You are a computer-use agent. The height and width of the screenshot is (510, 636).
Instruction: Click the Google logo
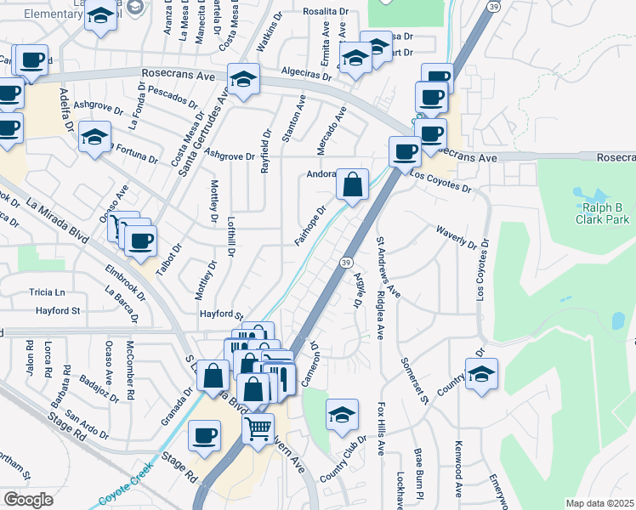tap(28, 500)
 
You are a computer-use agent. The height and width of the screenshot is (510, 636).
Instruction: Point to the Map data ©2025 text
tap(599, 503)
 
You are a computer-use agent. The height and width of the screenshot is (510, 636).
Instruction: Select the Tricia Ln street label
tap(47, 292)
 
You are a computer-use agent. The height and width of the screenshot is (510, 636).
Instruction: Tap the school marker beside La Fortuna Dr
tap(94, 136)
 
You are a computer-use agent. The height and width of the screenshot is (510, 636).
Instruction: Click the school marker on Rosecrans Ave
tap(243, 80)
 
